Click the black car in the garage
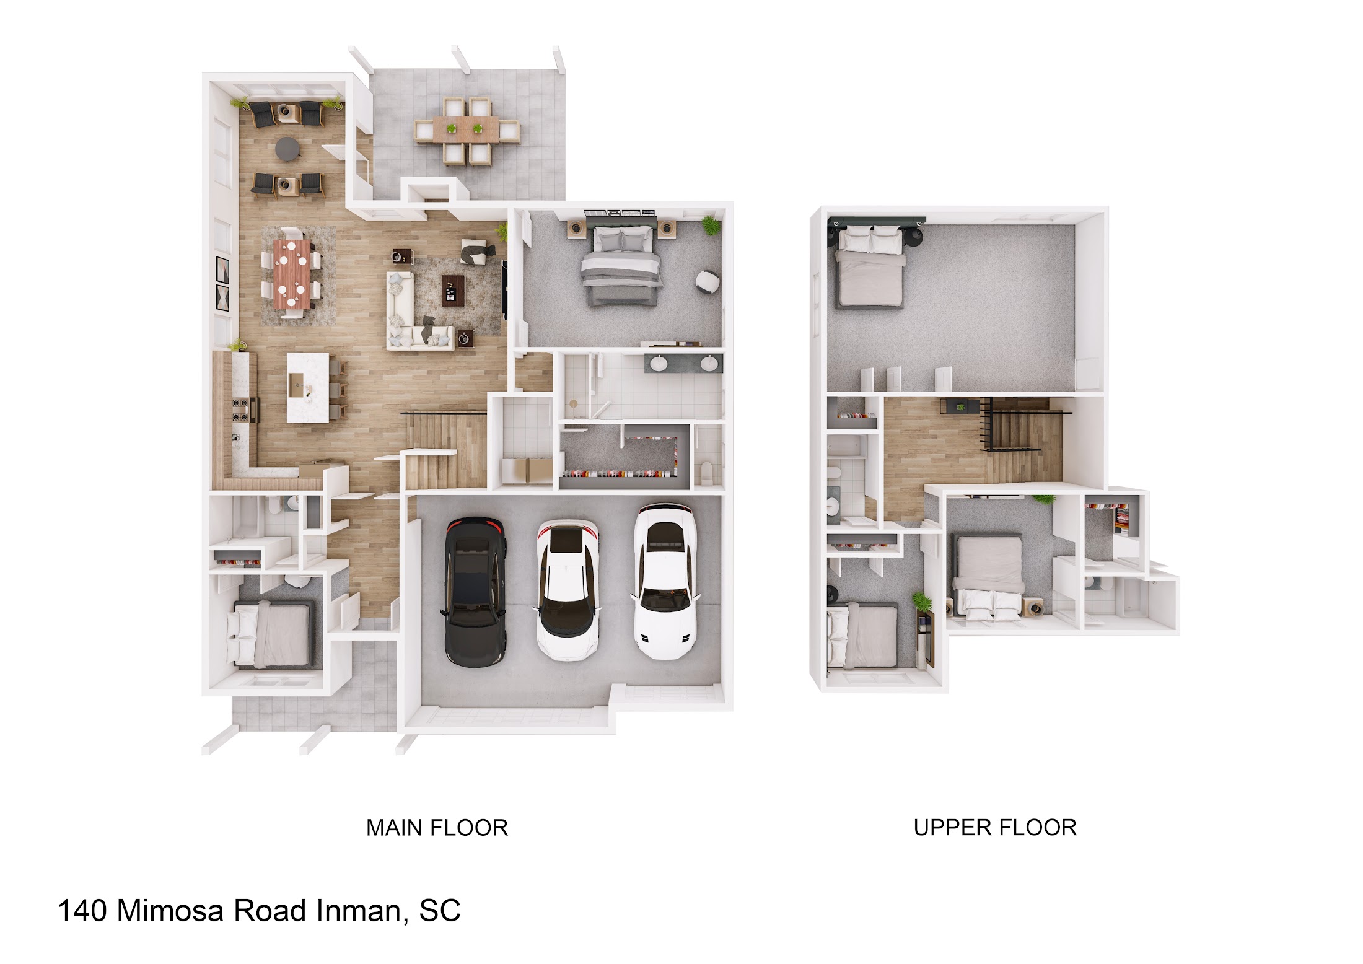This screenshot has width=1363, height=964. (475, 592)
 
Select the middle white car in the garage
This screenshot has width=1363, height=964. (568, 590)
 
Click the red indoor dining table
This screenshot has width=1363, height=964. (292, 273)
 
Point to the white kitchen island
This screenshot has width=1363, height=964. (308, 387)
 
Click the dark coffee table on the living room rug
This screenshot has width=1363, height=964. (452, 289)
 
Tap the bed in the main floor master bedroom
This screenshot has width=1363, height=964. (621, 265)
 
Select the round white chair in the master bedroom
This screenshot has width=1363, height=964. (707, 281)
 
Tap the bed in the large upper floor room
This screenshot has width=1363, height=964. (870, 266)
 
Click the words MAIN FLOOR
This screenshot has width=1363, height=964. (437, 828)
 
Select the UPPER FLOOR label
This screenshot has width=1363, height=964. (995, 828)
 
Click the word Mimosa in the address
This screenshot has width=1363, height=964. (170, 911)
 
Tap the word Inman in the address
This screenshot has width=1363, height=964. (362, 911)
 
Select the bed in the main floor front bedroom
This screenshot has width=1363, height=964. (271, 633)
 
